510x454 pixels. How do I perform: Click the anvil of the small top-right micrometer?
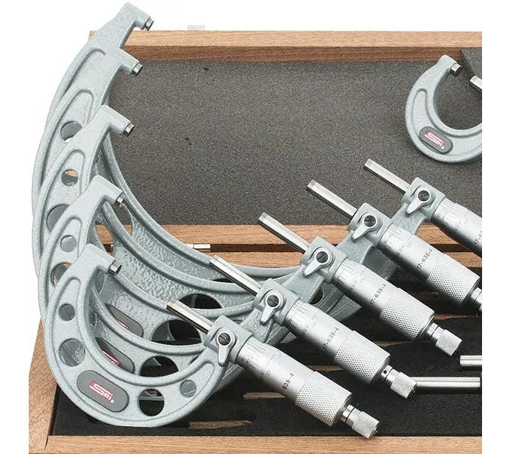[455, 70]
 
